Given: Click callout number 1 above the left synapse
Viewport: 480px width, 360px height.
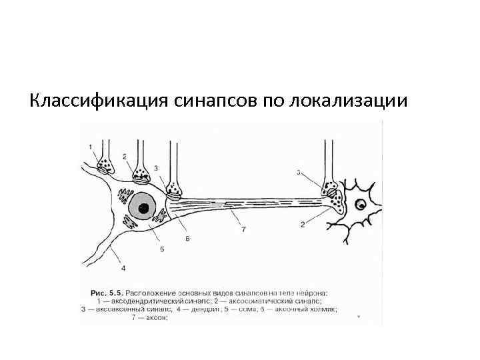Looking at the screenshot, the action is coord(90,146).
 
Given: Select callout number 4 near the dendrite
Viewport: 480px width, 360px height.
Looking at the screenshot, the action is coord(123,269).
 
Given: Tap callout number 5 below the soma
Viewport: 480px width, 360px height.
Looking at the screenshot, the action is coord(161,249).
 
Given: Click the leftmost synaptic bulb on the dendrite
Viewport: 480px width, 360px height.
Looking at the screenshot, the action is coord(105,164).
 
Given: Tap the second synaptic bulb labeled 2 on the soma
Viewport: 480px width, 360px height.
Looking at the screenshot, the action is coord(141,175).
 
